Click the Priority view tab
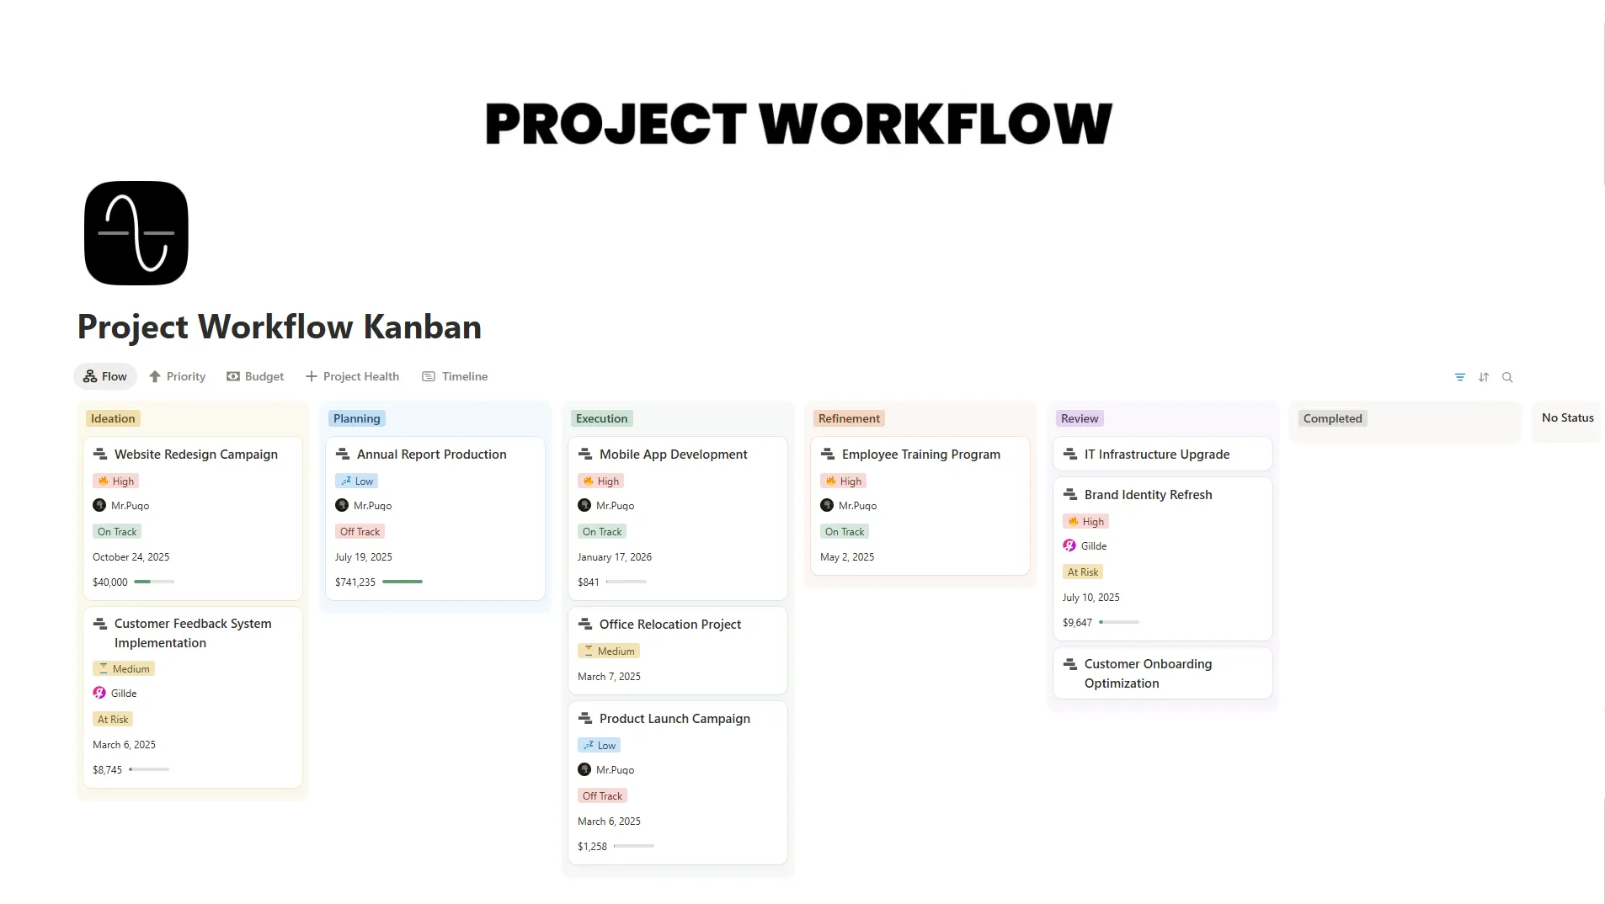(178, 376)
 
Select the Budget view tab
(255, 376)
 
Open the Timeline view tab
(455, 376)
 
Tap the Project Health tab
(352, 376)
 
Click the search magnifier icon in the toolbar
(1507, 377)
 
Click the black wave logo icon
(136, 233)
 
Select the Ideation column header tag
(113, 418)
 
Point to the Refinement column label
(849, 418)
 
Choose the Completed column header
(1332, 418)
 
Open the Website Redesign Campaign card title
(195, 455)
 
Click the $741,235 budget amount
(355, 582)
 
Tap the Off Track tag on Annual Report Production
(360, 532)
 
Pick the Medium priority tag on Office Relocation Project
(609, 651)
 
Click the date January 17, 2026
(615, 557)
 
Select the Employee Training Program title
(920, 455)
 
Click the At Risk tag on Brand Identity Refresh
(1083, 572)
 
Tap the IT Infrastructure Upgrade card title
(1156, 455)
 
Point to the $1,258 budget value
(592, 847)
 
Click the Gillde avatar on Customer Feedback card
(99, 694)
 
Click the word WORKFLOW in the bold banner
(936, 124)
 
